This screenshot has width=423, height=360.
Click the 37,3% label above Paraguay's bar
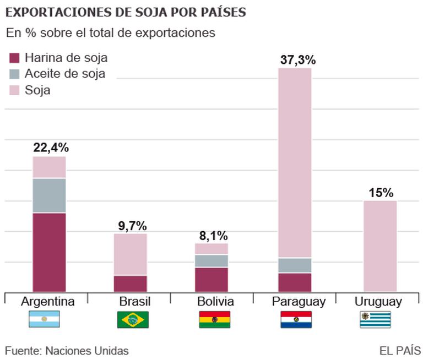point(295,59)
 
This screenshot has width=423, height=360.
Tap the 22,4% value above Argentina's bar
point(51,148)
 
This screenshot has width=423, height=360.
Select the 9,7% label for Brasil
point(132,225)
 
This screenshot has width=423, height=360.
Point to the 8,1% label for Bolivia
point(213,236)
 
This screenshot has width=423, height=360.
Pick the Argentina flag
point(44,319)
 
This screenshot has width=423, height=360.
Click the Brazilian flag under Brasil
point(132,319)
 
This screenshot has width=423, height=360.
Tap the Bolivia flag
point(214,319)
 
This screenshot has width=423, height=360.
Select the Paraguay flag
point(296,319)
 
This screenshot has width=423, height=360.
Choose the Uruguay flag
point(375,319)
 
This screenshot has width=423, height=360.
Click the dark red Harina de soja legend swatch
point(15,58)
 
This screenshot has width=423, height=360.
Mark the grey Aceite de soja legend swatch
point(15,74)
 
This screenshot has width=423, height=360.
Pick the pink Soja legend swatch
point(15,89)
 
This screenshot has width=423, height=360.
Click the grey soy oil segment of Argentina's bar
point(49,195)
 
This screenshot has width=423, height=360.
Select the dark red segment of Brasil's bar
point(131,283)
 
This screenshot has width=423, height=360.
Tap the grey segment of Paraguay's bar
point(295,265)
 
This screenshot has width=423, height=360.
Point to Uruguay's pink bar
point(380,246)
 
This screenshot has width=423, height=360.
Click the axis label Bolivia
point(215,302)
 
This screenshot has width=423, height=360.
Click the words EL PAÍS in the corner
point(400,351)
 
